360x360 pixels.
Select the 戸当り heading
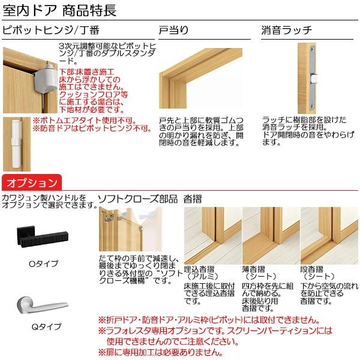173,30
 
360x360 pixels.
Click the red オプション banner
31,182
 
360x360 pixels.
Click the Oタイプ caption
44,263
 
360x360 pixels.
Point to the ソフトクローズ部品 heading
137,199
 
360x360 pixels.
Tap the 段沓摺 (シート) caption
318,272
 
